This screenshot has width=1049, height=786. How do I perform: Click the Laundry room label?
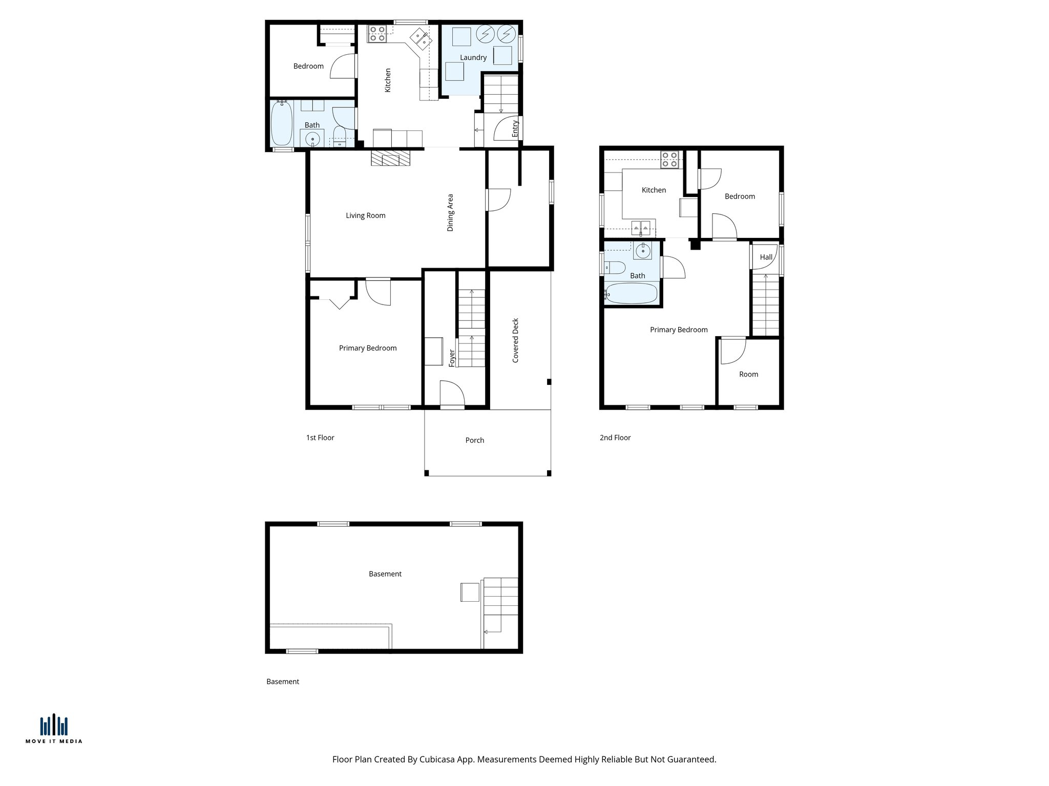coord(473,57)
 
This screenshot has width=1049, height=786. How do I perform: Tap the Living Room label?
coord(365,215)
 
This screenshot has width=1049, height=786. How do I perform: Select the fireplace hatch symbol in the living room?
coord(391,158)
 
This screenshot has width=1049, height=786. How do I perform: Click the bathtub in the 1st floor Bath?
coord(281,123)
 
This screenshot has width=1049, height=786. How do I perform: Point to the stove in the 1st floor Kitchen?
coord(377,34)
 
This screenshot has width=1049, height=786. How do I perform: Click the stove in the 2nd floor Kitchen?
coord(669,160)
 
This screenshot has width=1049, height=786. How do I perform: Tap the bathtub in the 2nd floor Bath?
coord(631,294)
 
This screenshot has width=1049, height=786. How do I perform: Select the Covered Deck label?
coord(515,340)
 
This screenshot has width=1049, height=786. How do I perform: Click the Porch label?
coord(474,440)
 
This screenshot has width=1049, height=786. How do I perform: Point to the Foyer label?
coord(452,358)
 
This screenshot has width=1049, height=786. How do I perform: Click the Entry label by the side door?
coord(515,128)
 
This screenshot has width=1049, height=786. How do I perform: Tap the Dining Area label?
coord(450,212)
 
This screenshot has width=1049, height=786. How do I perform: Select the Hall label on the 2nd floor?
coord(766,257)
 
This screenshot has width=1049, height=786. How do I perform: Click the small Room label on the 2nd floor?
coord(748,374)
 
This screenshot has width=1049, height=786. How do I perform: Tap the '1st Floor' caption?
coord(320,438)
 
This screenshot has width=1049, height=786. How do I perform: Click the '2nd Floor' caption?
coord(615,438)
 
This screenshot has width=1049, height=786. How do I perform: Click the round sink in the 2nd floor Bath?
coord(642,251)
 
